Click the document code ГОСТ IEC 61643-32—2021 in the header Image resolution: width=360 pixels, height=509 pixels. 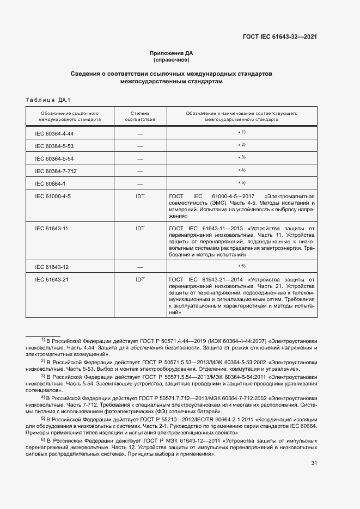tap(279, 37)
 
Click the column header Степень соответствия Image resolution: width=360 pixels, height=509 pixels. tap(140, 115)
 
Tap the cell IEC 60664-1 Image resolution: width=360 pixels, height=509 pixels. tap(50, 183)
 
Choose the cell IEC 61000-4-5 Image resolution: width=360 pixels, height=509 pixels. tap(53, 196)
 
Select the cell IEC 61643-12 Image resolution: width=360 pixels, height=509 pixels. tap(51, 267)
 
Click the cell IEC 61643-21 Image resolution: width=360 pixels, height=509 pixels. tap(51, 280)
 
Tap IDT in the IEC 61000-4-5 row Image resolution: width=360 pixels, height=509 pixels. tap(140, 196)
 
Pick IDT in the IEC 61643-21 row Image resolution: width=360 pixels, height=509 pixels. tap(140, 280)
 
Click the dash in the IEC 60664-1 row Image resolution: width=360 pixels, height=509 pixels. tap(140, 183)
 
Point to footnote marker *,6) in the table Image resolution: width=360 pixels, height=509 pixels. tap(242, 266)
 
